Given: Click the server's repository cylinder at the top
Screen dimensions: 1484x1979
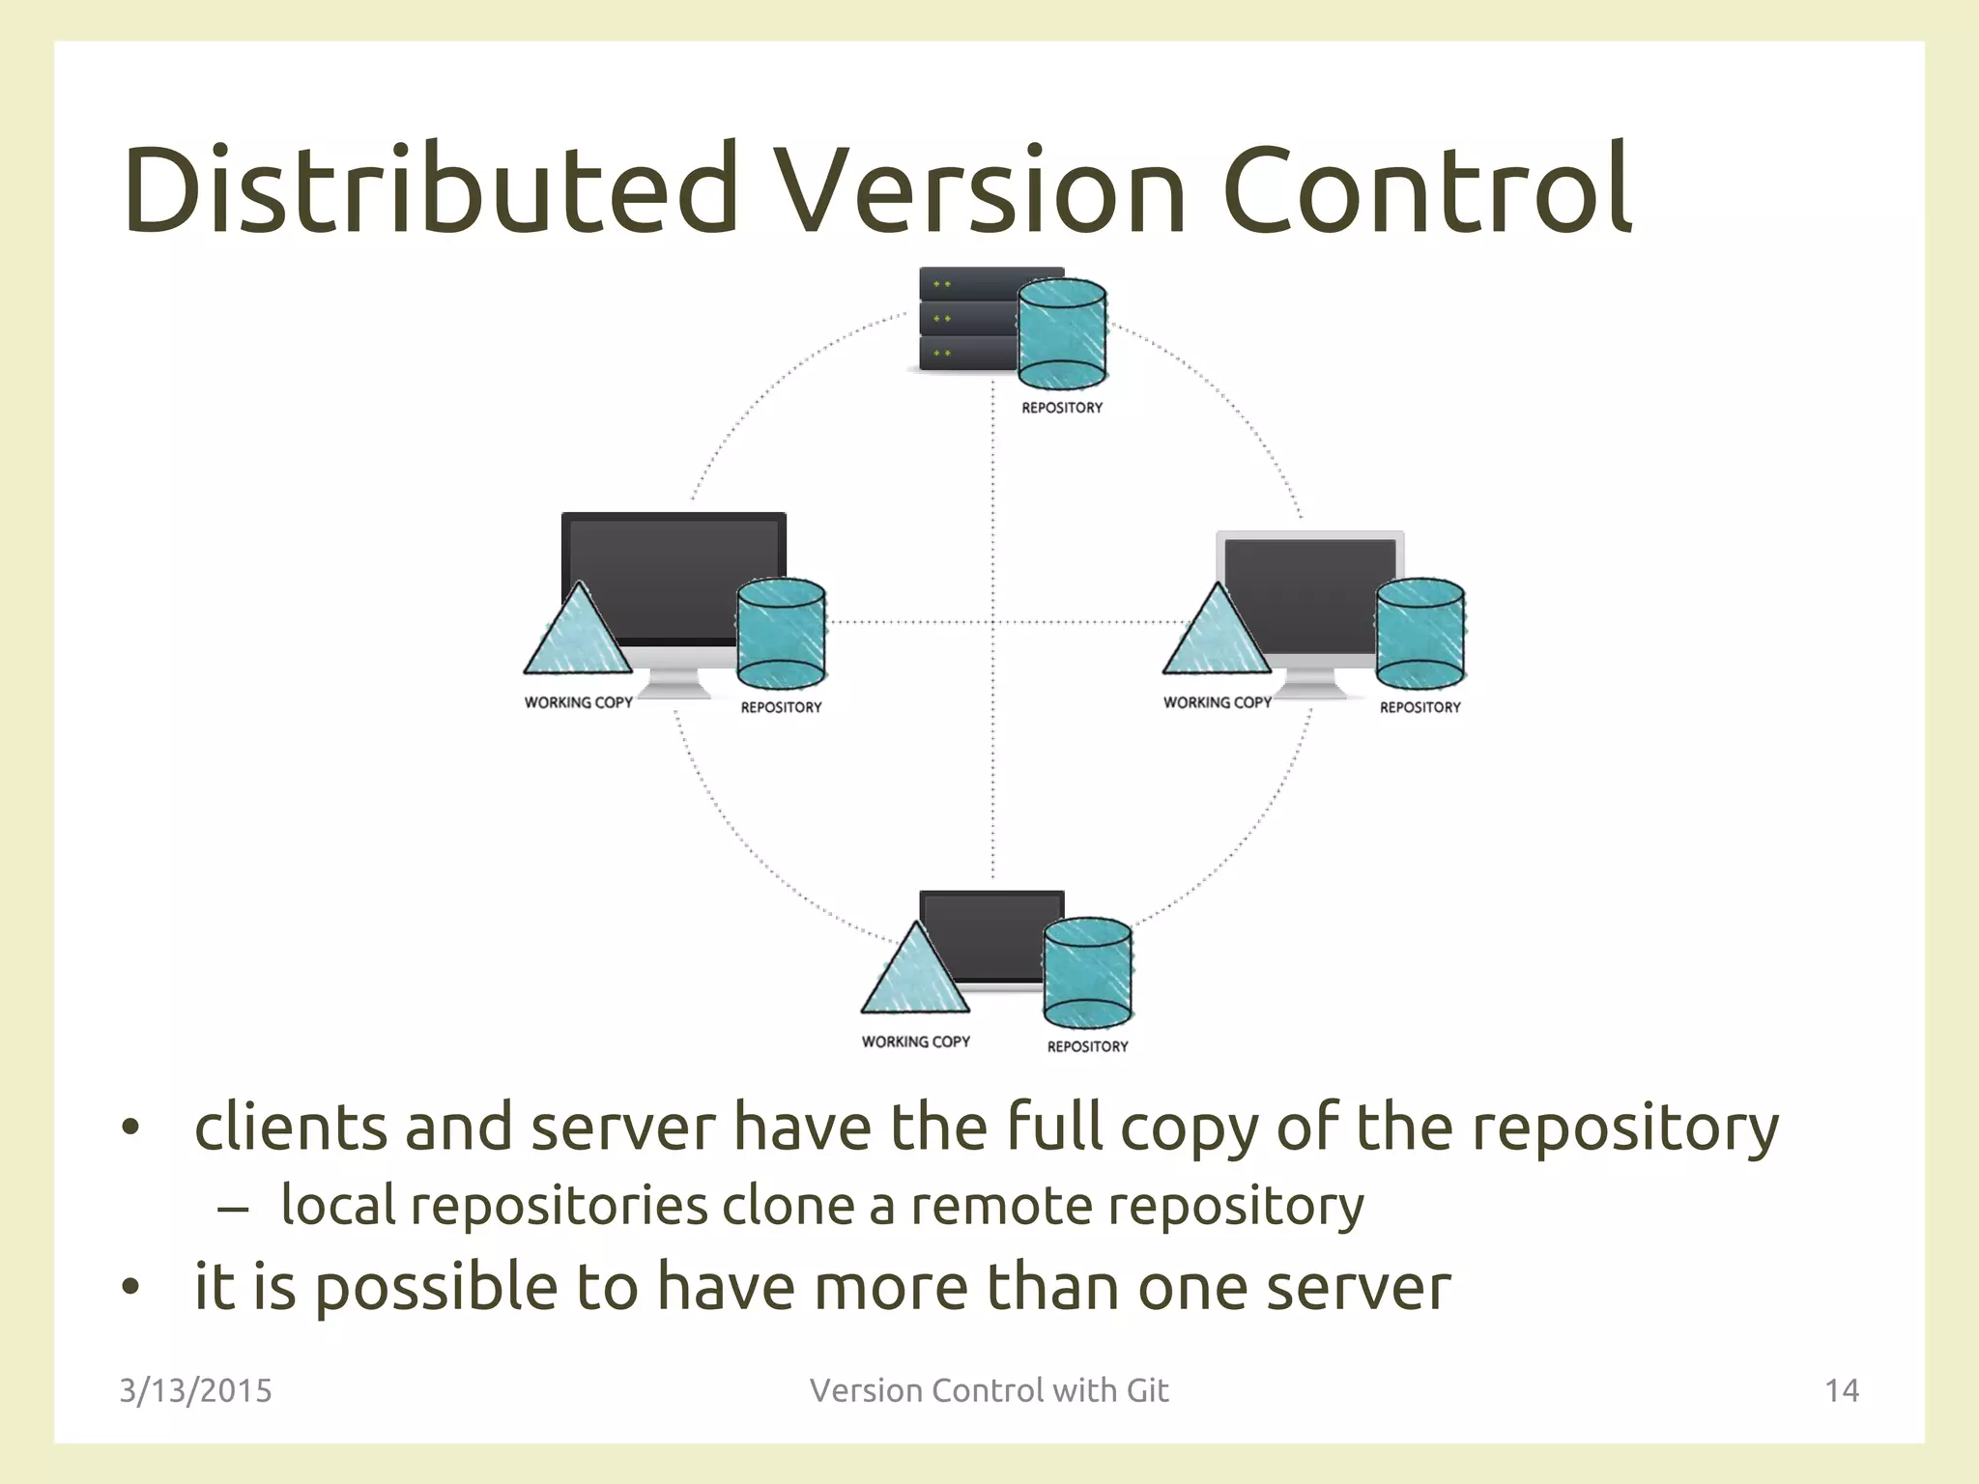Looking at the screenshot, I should point(1062,333).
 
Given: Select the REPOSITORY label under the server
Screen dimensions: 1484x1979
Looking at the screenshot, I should point(1062,408).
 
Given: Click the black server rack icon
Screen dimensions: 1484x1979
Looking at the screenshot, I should point(966,319).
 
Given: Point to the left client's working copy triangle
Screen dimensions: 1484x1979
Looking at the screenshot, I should point(578,638).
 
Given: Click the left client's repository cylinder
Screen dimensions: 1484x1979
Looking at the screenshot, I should point(781,634).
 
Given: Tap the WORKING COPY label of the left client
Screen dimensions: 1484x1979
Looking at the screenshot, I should point(578,702).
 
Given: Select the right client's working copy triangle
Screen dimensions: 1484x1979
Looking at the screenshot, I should point(1217,638).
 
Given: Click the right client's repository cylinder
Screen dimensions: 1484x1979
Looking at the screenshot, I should point(1420,634).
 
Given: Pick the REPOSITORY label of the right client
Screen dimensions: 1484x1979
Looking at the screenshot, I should point(1420,707).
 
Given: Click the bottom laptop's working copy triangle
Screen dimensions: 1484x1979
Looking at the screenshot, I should point(914,976).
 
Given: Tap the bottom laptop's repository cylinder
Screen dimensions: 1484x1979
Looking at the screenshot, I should point(1087,972).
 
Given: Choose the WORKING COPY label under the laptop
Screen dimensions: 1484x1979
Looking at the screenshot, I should point(915,1042).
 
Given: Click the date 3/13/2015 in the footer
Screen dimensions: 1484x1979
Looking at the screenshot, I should point(195,1390).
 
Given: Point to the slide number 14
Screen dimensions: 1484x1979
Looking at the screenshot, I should point(1841,1390).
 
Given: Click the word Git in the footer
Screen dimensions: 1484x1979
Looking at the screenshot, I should point(1147,1390).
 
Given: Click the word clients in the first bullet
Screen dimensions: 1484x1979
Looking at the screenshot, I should point(290,1127).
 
